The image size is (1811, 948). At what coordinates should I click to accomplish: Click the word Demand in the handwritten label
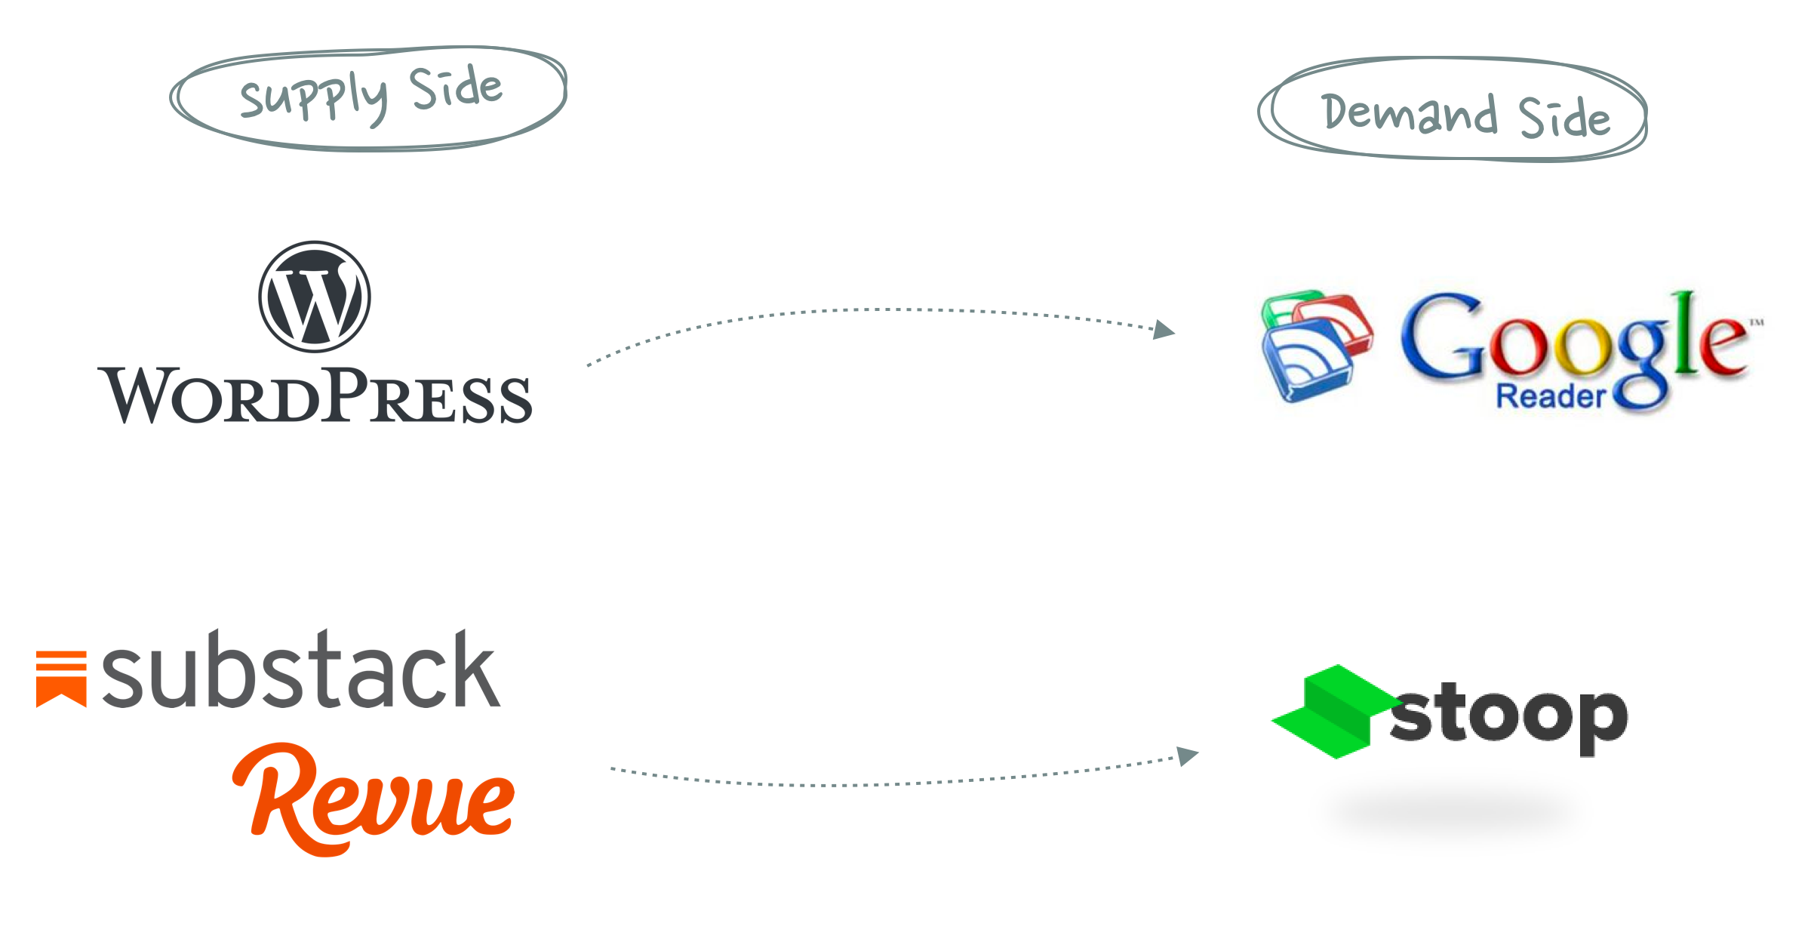pos(1409,114)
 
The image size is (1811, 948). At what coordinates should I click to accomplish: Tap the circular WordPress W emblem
pos(315,297)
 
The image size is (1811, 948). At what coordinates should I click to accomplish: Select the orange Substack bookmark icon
pos(61,679)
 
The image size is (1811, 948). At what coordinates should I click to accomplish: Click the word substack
pos(300,670)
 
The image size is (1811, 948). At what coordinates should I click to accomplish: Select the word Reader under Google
pos(1551,396)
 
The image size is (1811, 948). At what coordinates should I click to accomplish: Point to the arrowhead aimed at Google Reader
pos(1164,330)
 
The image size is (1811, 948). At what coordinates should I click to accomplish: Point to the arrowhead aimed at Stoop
pos(1188,755)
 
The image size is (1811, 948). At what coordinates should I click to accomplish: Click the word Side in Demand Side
pos(1564,118)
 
